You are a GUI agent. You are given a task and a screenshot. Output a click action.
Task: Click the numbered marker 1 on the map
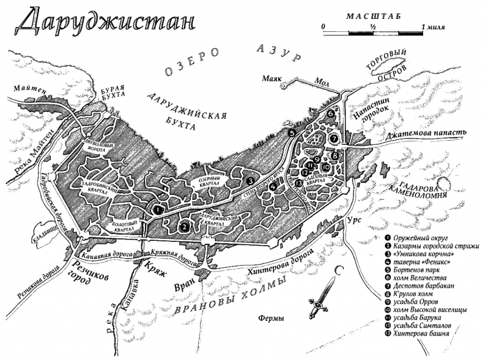(x=158, y=208)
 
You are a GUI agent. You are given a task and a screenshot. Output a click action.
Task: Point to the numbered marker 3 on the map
(x=250, y=181)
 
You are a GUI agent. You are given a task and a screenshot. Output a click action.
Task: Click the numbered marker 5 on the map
(x=292, y=133)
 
